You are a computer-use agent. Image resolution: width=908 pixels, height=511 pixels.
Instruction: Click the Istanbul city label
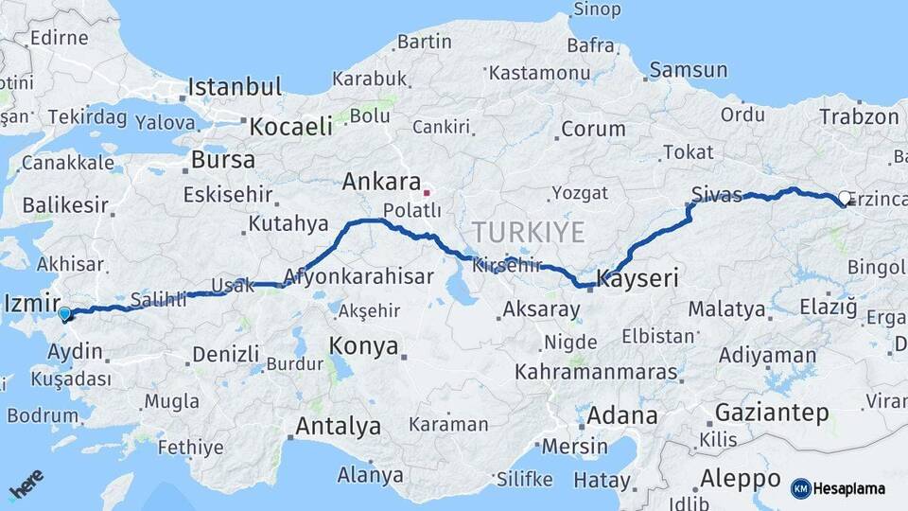pos(235,87)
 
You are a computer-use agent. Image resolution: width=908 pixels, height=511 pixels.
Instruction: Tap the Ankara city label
pos(381,181)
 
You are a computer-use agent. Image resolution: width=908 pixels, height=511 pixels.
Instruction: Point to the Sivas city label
pos(717,195)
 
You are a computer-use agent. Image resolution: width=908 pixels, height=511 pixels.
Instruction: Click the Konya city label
pos(364,345)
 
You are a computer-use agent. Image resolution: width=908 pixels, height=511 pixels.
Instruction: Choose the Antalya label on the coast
pos(338,426)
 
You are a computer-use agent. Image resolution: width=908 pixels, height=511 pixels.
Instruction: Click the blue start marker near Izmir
pos(64,313)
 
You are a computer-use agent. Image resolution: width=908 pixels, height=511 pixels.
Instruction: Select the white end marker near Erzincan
pos(845,199)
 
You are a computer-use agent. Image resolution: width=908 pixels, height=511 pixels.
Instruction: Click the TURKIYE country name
pos(529,232)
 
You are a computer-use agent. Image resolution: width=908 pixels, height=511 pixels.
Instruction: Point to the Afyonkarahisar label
pos(358,277)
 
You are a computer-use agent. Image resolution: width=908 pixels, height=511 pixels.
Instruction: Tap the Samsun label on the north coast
pos(688,70)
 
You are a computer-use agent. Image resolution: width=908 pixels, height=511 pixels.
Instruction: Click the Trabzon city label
pos(859,116)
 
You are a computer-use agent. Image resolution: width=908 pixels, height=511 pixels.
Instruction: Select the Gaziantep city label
pos(772,413)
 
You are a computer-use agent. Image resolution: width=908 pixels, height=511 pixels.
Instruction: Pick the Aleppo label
pos(741,478)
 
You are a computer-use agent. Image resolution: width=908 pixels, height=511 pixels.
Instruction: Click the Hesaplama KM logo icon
pos(800,488)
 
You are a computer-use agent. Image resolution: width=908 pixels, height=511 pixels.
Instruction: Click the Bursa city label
pos(222,159)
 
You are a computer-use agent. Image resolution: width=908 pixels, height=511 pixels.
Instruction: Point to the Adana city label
pos(621,414)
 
